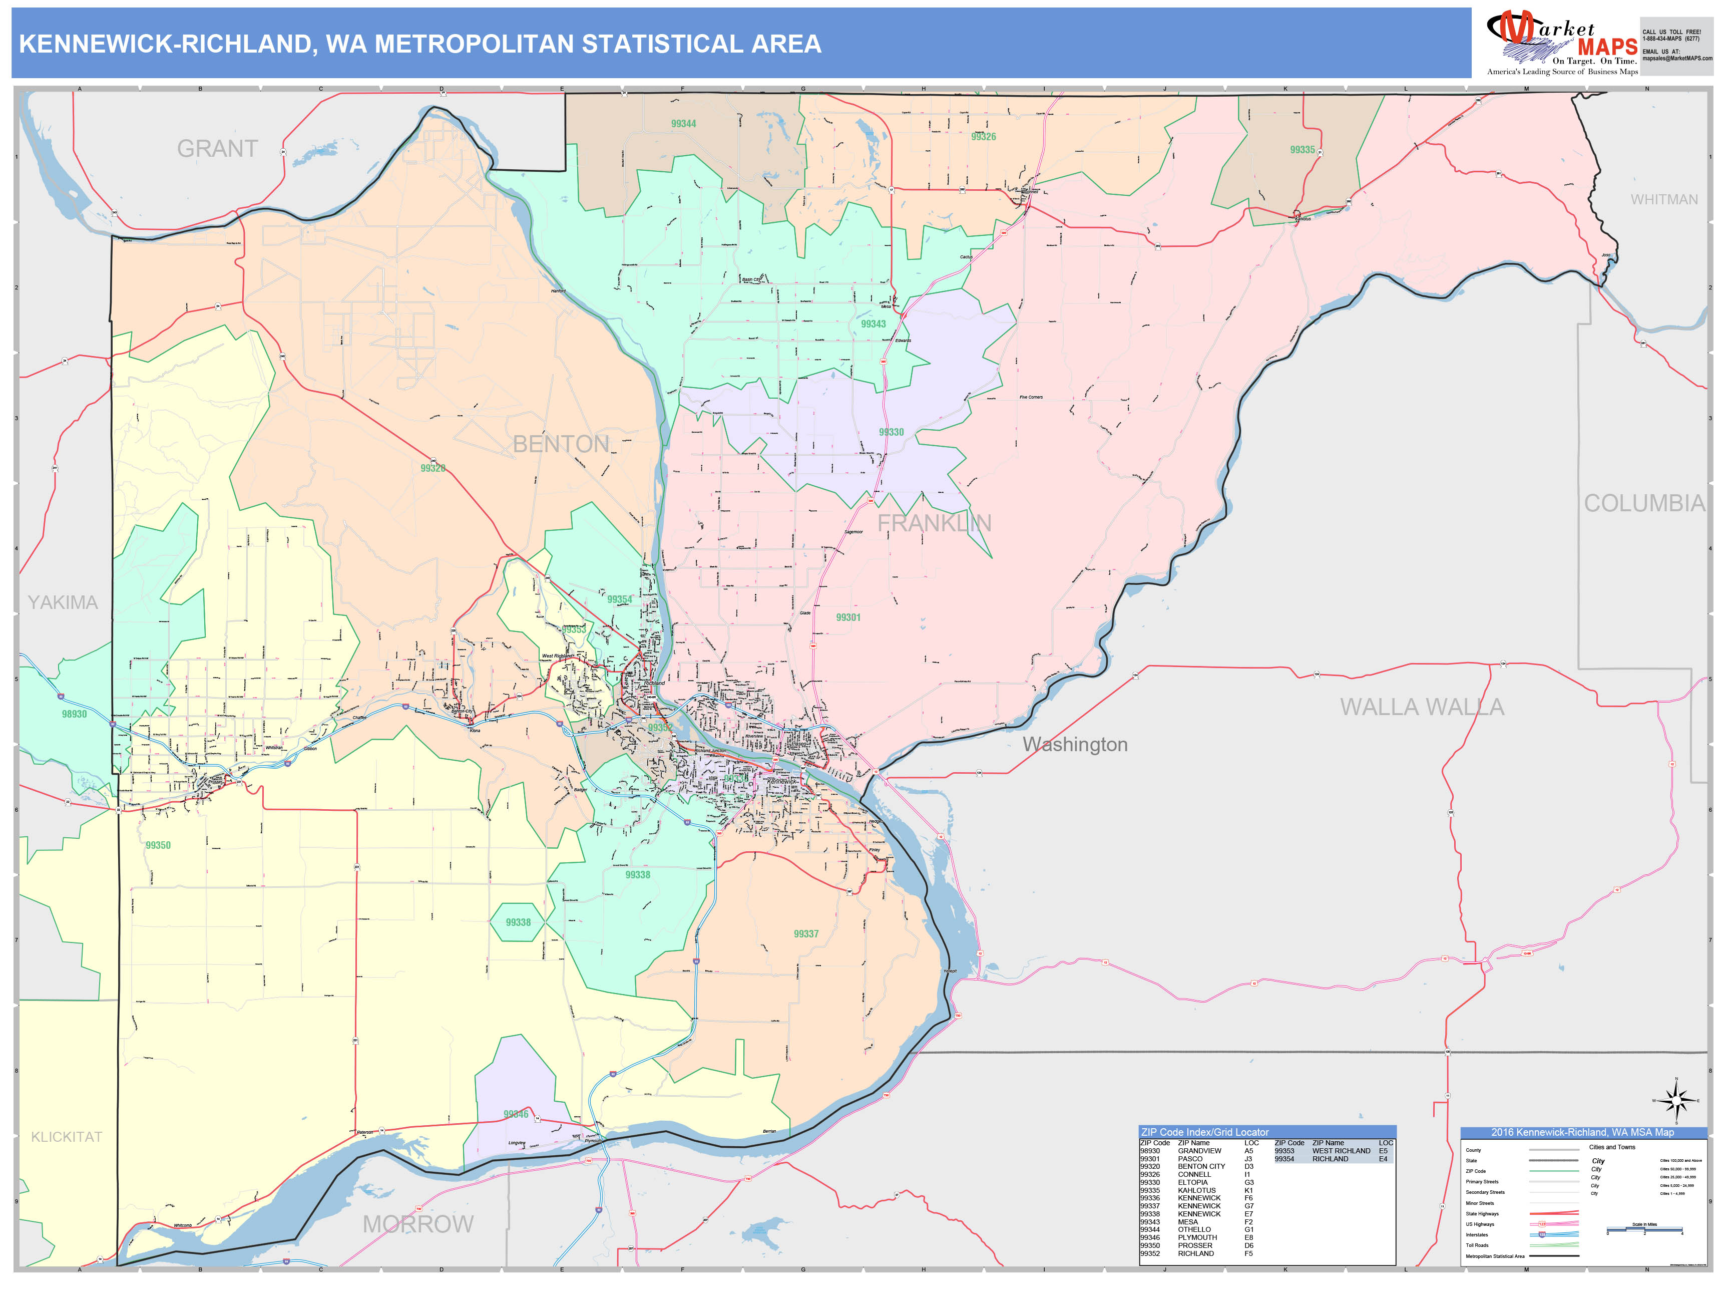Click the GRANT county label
(217, 149)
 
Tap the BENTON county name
(560, 444)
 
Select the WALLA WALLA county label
(1421, 707)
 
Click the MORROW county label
(417, 1224)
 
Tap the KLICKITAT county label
(67, 1137)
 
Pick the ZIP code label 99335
(1302, 149)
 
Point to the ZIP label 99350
(158, 846)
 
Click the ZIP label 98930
(74, 714)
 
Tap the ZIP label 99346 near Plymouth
(516, 1114)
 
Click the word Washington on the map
(1075, 745)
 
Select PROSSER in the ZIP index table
(1195, 1245)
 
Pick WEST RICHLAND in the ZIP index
(1341, 1151)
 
